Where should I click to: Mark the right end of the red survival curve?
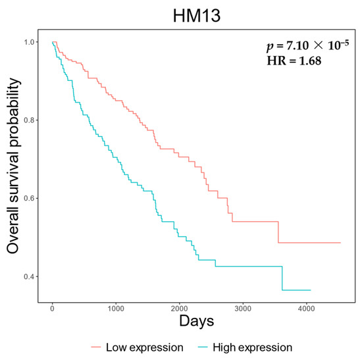(x=340, y=243)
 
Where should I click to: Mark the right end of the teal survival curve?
(x=310, y=290)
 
